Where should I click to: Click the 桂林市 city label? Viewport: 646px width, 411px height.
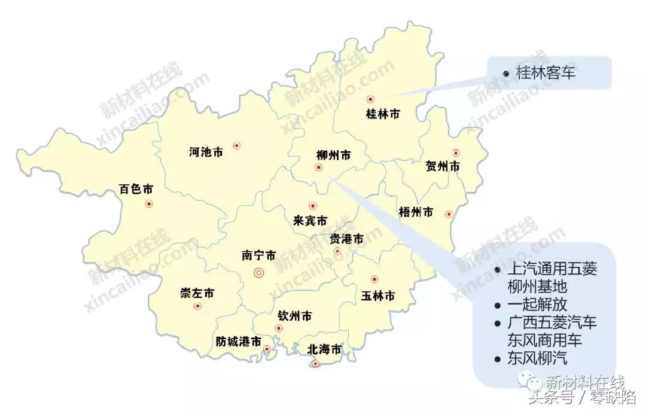pos(382,114)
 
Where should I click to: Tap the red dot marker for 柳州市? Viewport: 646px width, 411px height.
pos(318,168)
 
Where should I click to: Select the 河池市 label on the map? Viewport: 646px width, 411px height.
pos(206,153)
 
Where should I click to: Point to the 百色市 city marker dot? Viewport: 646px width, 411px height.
pos(149,204)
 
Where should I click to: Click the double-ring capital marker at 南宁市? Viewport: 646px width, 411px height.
pos(259,273)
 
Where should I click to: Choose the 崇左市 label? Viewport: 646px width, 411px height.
pos(197,293)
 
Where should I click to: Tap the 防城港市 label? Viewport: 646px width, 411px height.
pos(239,342)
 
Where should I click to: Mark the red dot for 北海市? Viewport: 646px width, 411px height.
pos(316,363)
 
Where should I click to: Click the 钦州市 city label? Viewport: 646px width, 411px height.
pos(295,315)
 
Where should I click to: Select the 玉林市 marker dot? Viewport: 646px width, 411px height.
pos(374,279)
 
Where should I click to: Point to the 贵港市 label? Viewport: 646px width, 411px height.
pos(346,239)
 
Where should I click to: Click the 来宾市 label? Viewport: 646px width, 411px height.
pos(310,221)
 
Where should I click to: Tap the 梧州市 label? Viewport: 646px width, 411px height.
pos(415,212)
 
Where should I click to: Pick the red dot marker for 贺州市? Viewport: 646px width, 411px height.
pos(456,153)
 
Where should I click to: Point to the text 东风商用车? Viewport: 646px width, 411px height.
pos(544,340)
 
